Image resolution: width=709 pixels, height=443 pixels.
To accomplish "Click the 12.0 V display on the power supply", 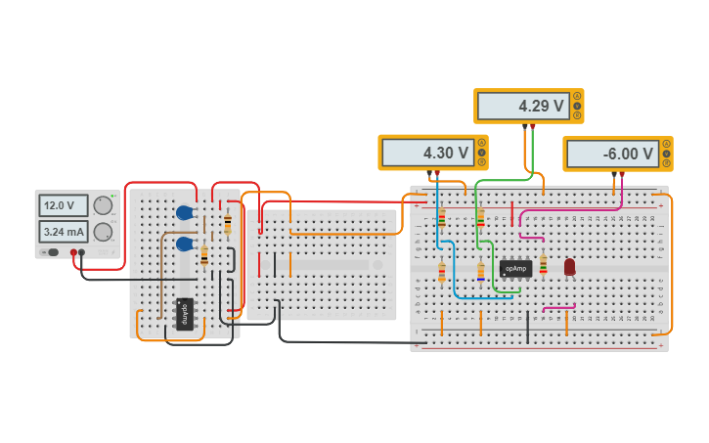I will [63, 205].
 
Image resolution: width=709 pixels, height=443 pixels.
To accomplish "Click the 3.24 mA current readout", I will [63, 232].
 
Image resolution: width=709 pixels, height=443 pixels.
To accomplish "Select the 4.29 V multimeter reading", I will [522, 106].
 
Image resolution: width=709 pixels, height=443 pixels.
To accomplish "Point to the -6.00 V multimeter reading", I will [611, 154].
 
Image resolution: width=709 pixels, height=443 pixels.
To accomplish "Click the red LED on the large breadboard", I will [569, 266].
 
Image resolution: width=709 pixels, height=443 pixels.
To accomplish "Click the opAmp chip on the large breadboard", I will [515, 268].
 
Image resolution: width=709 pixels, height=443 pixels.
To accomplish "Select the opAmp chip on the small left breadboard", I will [185, 314].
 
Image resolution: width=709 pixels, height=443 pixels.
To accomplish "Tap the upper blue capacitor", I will [184, 212].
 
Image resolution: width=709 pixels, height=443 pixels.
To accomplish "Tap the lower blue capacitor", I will [184, 244].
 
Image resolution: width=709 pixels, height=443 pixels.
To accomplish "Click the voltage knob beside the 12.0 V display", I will [103, 205].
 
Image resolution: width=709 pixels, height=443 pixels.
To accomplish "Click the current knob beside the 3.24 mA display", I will [103, 232].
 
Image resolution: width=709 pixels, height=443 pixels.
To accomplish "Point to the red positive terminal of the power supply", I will [73, 252].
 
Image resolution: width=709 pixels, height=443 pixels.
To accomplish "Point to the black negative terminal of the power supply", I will [82, 252].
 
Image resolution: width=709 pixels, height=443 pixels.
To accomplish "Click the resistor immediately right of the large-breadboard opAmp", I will [543, 265].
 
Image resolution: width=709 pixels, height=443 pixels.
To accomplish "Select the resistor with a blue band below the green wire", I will [480, 271].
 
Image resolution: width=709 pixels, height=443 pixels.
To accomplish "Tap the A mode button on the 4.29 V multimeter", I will [577, 96].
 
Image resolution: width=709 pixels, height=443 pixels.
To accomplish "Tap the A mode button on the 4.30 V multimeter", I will [481, 142].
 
